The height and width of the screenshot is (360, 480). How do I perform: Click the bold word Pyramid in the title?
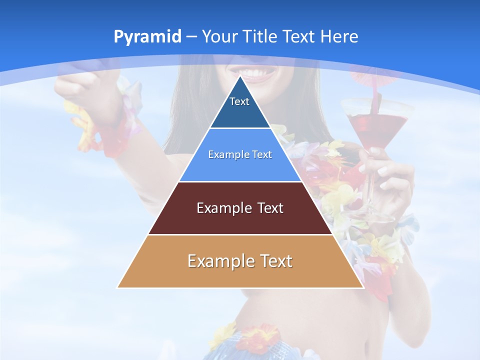tap(147, 37)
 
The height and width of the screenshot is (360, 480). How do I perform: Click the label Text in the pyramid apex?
tap(239, 101)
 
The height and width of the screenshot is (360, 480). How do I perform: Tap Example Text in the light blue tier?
tap(240, 154)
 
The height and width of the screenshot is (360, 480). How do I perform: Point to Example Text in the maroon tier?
tap(240, 208)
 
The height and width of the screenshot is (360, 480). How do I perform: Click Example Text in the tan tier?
tap(240, 261)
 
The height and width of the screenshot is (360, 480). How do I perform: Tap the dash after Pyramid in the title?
tap(191, 37)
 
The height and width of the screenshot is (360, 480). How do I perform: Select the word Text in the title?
tap(299, 37)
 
